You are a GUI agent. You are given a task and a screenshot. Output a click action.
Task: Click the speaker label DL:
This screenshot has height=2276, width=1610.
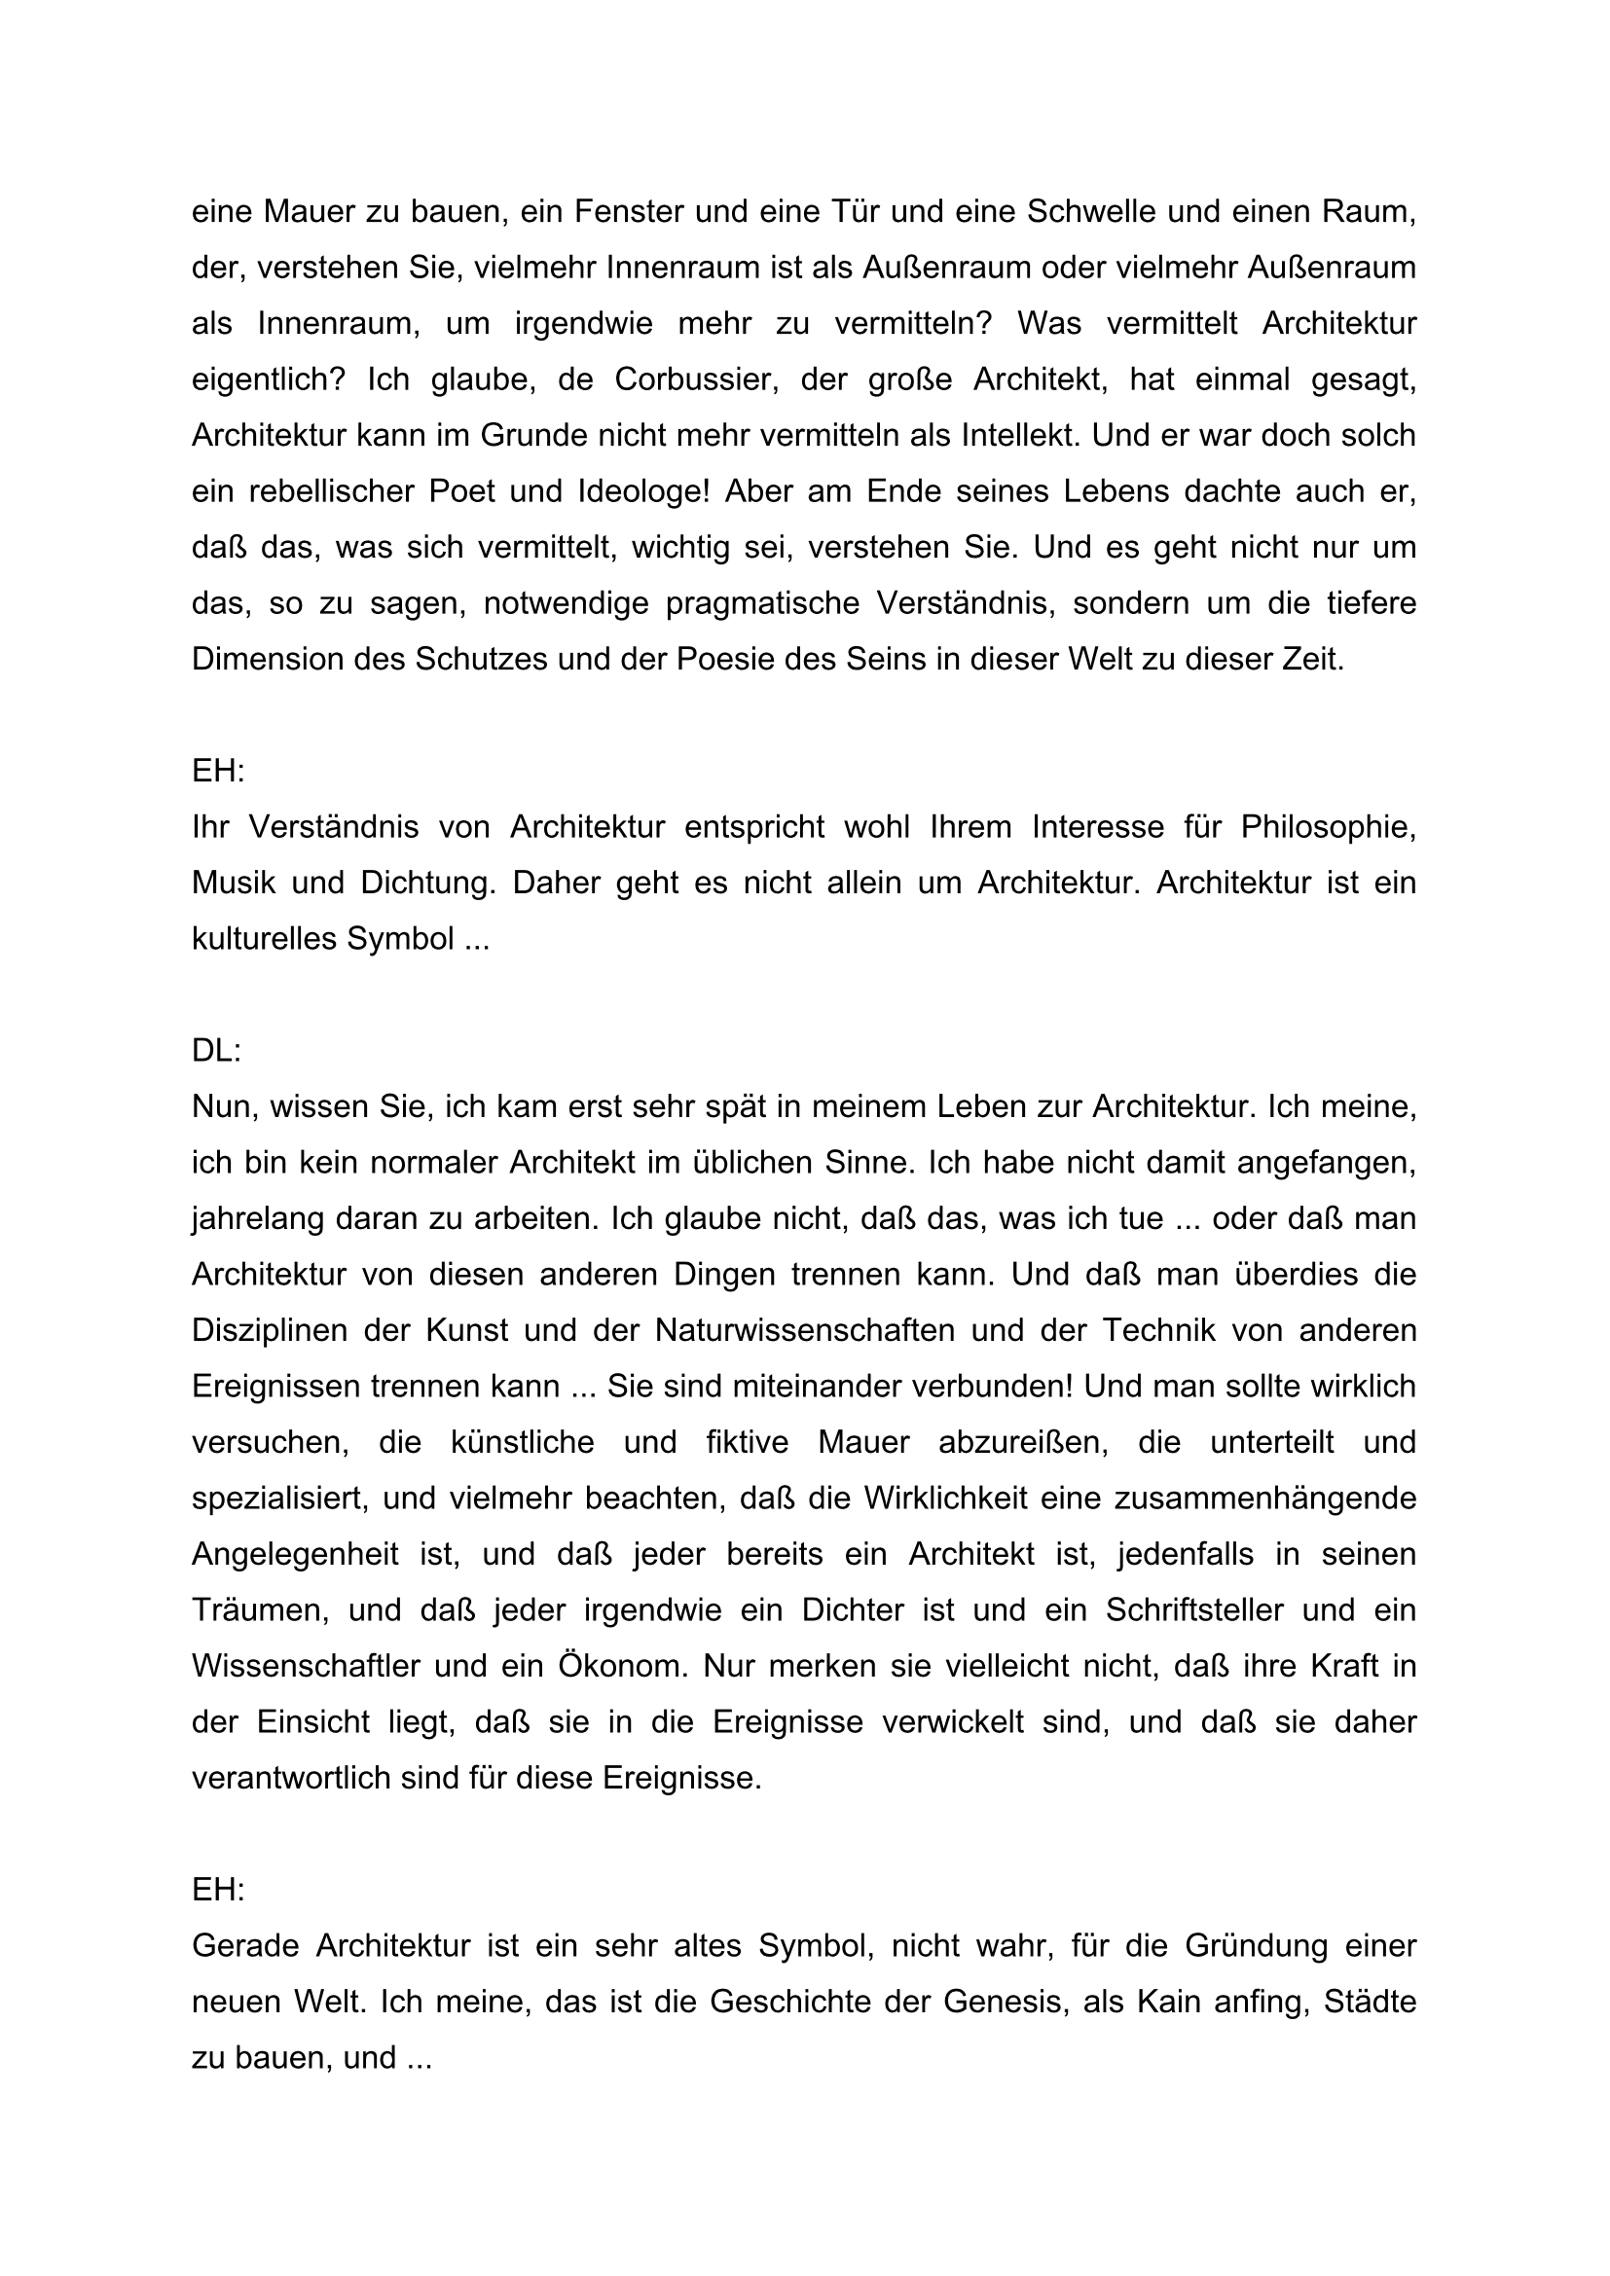tap(216, 1051)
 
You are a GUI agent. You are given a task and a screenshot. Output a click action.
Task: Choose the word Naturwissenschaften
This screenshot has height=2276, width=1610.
tap(804, 1329)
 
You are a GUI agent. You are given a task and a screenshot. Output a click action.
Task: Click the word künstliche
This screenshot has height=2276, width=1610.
tap(523, 1441)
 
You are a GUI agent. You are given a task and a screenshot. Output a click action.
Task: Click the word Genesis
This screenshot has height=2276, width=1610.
tap(1003, 2002)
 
